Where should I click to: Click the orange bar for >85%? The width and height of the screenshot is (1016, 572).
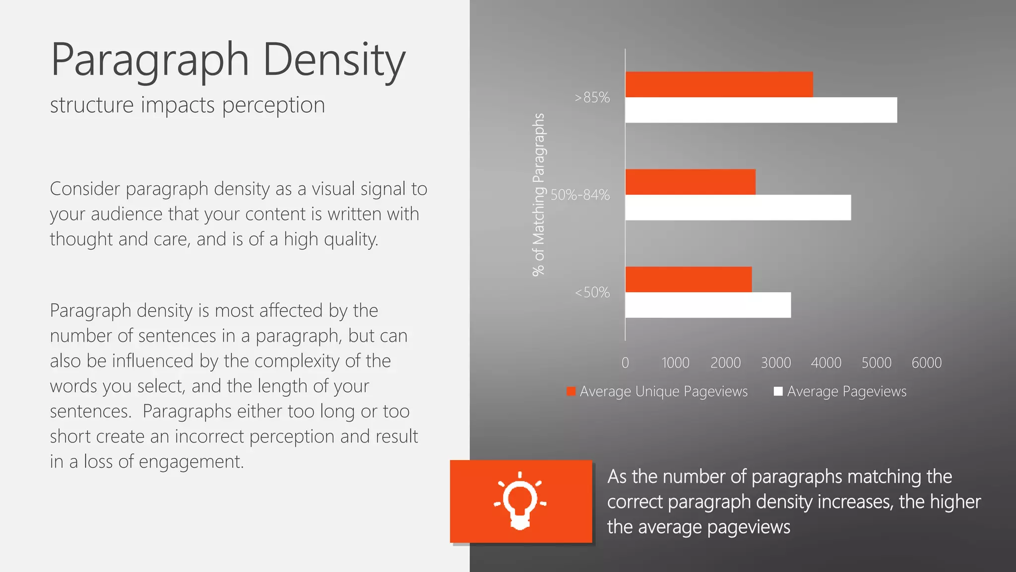(x=719, y=84)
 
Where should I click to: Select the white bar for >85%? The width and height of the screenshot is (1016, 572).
(x=761, y=110)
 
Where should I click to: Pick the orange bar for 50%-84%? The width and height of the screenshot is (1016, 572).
(x=690, y=182)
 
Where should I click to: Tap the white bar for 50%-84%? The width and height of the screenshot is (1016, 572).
(x=738, y=208)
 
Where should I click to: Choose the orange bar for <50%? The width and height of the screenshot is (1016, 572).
(x=688, y=279)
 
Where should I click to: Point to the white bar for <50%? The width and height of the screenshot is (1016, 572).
(x=708, y=305)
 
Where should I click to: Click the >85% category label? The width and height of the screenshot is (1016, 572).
(x=592, y=97)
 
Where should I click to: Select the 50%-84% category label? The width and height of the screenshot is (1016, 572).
(x=580, y=195)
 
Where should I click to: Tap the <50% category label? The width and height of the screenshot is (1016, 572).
(x=592, y=292)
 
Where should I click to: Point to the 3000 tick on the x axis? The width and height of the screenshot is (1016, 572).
(x=776, y=363)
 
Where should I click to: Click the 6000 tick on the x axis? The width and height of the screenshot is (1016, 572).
(x=926, y=363)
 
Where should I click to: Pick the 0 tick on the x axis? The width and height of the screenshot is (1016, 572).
(x=625, y=363)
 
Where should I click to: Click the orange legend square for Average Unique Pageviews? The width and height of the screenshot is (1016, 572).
(x=571, y=391)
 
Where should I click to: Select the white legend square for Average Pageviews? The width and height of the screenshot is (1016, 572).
(x=778, y=391)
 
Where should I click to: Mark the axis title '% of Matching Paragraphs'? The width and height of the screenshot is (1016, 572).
(x=538, y=195)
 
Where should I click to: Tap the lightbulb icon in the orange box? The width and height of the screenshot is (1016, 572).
(x=520, y=500)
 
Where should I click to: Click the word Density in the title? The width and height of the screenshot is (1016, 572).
(x=334, y=61)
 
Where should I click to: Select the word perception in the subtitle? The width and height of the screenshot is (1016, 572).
(x=273, y=106)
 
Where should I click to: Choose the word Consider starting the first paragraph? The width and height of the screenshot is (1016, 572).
(x=85, y=189)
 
